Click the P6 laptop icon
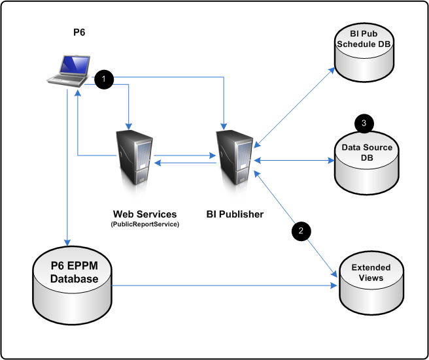(70, 69)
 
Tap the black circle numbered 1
(105, 79)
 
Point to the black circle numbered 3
(364, 122)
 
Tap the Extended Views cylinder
(371, 281)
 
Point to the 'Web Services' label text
(145, 214)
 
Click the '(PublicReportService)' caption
(145, 224)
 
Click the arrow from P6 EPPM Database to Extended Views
(222, 285)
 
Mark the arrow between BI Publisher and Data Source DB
(294, 159)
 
